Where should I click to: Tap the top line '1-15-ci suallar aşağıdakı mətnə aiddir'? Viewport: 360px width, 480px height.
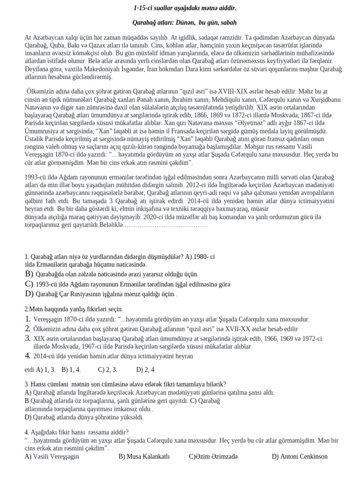(x=185, y=8)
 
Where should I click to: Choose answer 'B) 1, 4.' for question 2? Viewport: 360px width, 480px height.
(x=71, y=369)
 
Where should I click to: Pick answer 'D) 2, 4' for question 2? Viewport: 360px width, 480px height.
(x=146, y=369)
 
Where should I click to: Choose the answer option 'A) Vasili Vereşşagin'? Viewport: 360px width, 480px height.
(x=52, y=456)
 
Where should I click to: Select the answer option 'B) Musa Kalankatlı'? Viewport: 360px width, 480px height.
(x=143, y=456)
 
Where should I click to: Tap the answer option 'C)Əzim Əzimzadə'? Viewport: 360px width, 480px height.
(x=213, y=456)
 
